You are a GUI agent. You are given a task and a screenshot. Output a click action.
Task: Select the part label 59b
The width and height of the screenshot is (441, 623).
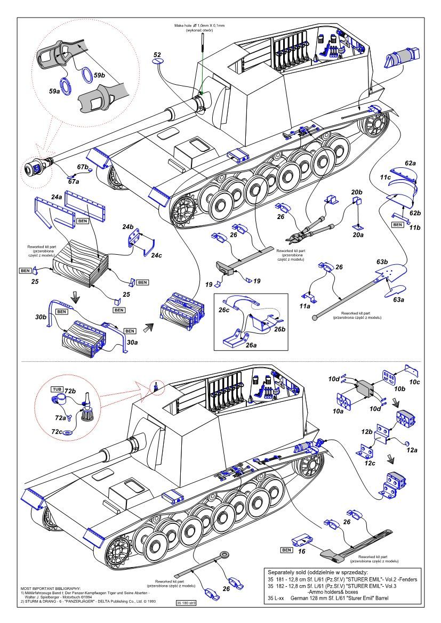[99, 76]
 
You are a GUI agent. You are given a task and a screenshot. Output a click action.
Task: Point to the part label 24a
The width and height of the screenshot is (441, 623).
[57, 197]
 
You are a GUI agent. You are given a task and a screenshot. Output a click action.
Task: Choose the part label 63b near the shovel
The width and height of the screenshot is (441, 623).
[382, 262]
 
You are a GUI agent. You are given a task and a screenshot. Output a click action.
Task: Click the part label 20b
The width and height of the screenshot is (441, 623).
[356, 192]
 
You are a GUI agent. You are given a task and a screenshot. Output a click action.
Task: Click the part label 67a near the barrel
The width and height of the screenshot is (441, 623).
[73, 182]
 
